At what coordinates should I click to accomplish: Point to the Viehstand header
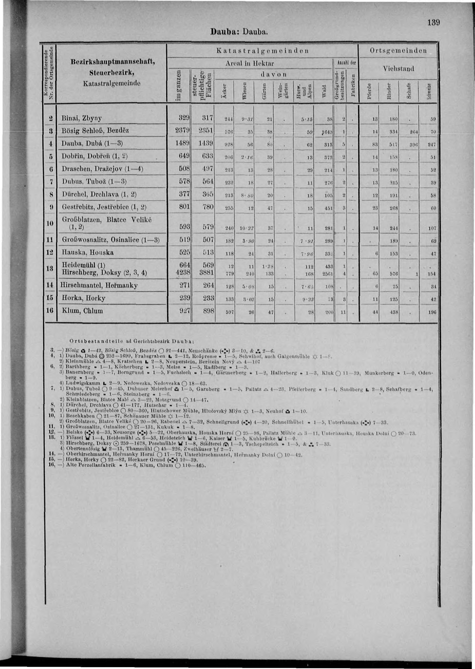click(398, 69)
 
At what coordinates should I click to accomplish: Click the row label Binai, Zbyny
click(82, 118)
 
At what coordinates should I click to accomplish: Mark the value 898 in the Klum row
click(208, 311)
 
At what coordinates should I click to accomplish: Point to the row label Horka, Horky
click(83, 298)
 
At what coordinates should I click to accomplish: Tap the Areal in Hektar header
click(249, 63)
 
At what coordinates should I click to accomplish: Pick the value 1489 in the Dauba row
click(181, 143)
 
